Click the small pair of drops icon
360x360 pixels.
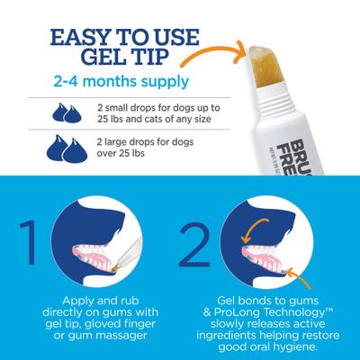73,113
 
